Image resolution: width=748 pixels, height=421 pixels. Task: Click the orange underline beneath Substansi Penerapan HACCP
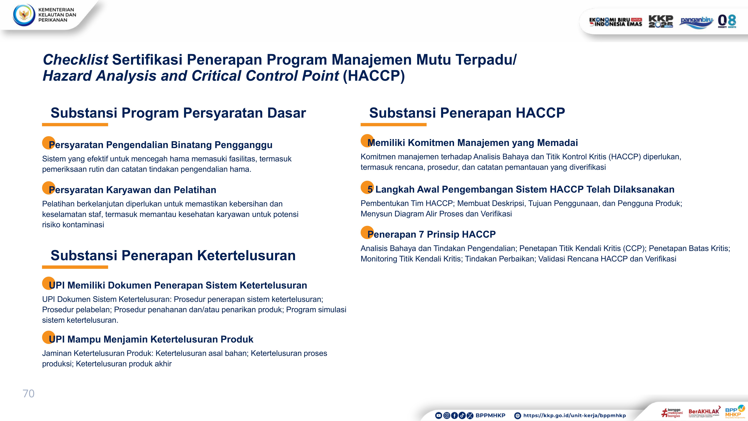pos(393,125)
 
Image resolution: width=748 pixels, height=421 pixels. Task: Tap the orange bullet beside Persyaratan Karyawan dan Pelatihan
pos(48,188)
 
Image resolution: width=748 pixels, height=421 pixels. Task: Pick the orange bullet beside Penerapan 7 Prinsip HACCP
pos(367,232)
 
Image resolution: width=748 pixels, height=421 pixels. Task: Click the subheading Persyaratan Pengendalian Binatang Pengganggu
pos(161,145)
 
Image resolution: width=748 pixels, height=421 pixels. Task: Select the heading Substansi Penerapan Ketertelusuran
pos(173,255)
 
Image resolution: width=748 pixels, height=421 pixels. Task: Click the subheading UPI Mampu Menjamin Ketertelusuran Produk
pos(151,339)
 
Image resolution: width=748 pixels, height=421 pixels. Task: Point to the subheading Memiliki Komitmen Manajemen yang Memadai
pos(472,143)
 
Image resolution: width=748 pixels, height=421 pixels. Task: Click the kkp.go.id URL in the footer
pos(574,416)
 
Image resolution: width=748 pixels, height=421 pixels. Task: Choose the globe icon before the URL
pos(517,416)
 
